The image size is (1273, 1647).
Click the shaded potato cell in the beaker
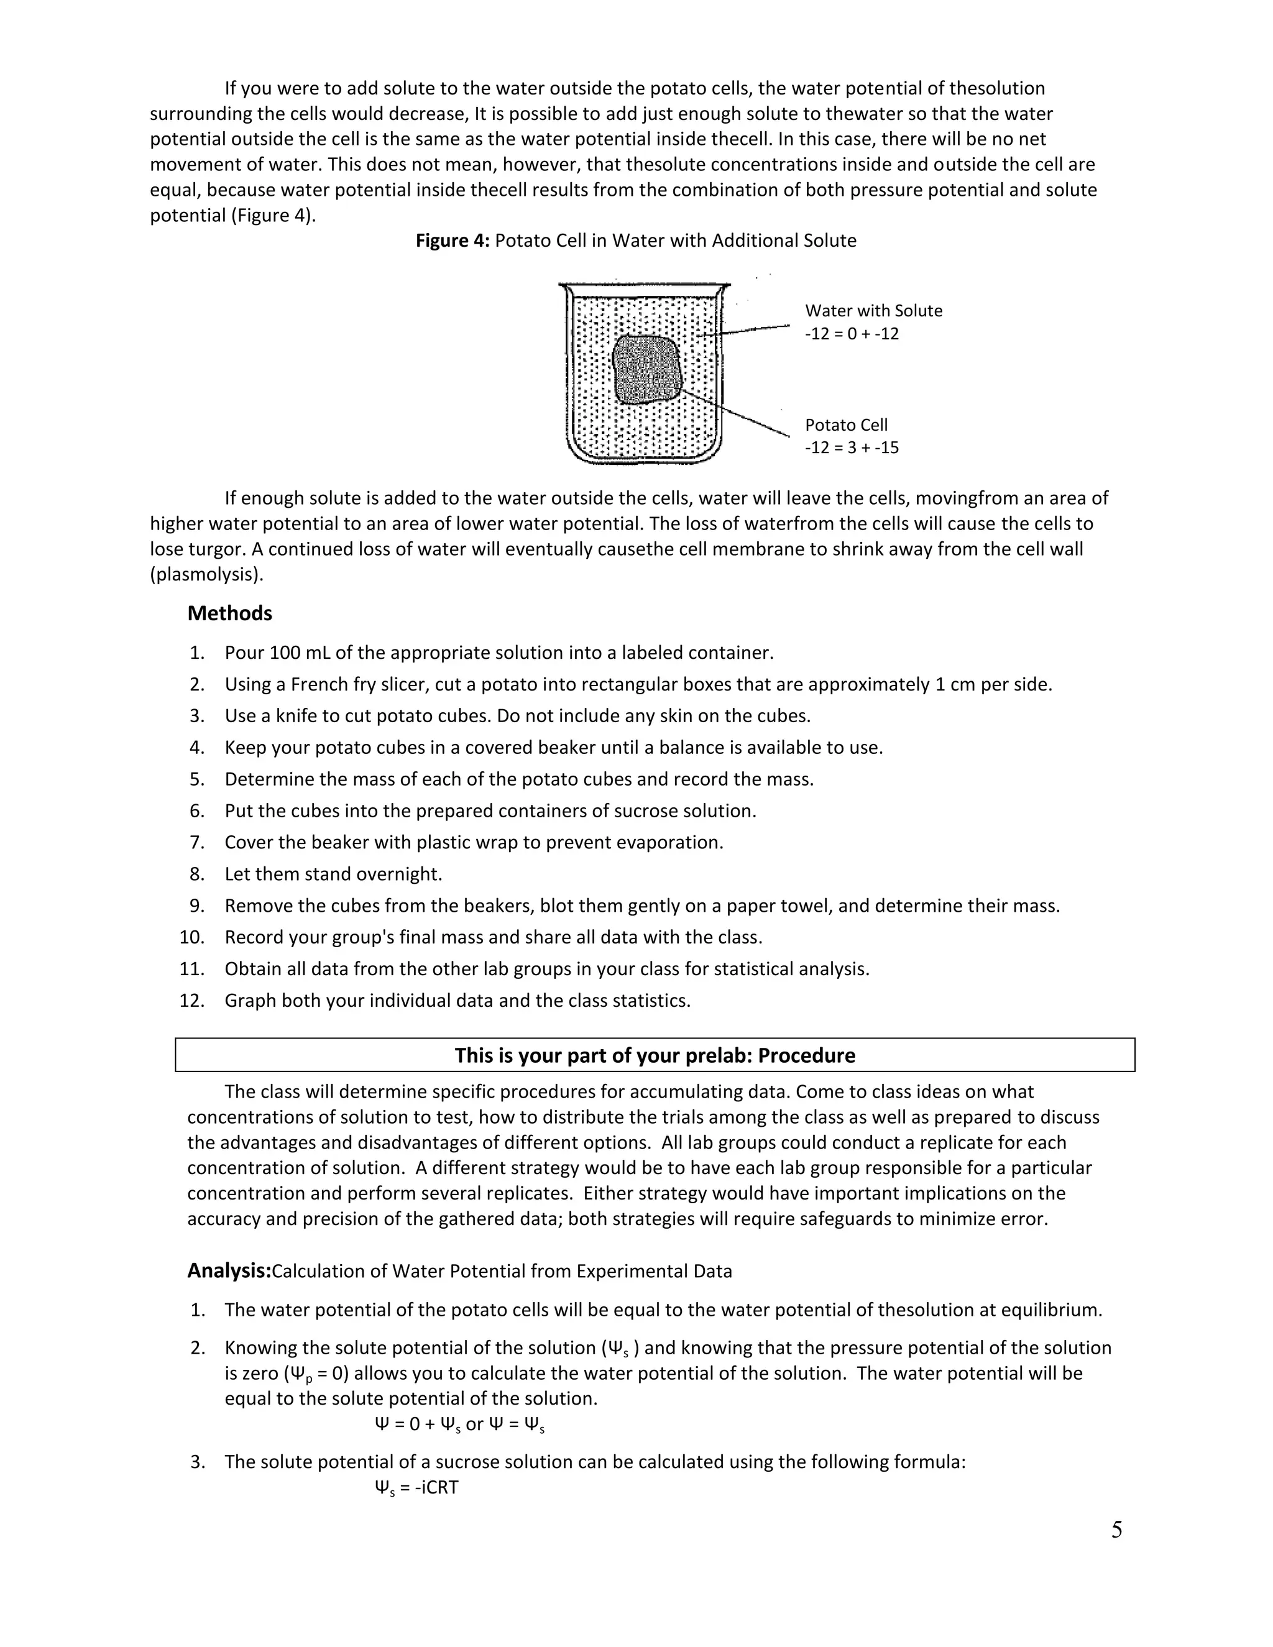coord(646,370)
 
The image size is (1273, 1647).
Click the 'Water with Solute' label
coord(873,311)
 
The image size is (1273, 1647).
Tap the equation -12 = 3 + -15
coord(852,447)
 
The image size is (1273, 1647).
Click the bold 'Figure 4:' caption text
coord(453,241)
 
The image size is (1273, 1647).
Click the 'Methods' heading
coord(229,613)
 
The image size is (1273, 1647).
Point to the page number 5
coord(1116,1530)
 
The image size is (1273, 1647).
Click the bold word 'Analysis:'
coord(229,1271)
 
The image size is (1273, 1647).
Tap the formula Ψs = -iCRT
coord(416,1488)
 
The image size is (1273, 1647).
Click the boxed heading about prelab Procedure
coord(655,1055)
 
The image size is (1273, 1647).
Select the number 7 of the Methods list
coord(197,842)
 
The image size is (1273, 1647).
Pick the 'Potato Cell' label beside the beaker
coord(846,424)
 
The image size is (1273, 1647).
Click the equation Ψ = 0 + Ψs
coord(417,1424)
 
